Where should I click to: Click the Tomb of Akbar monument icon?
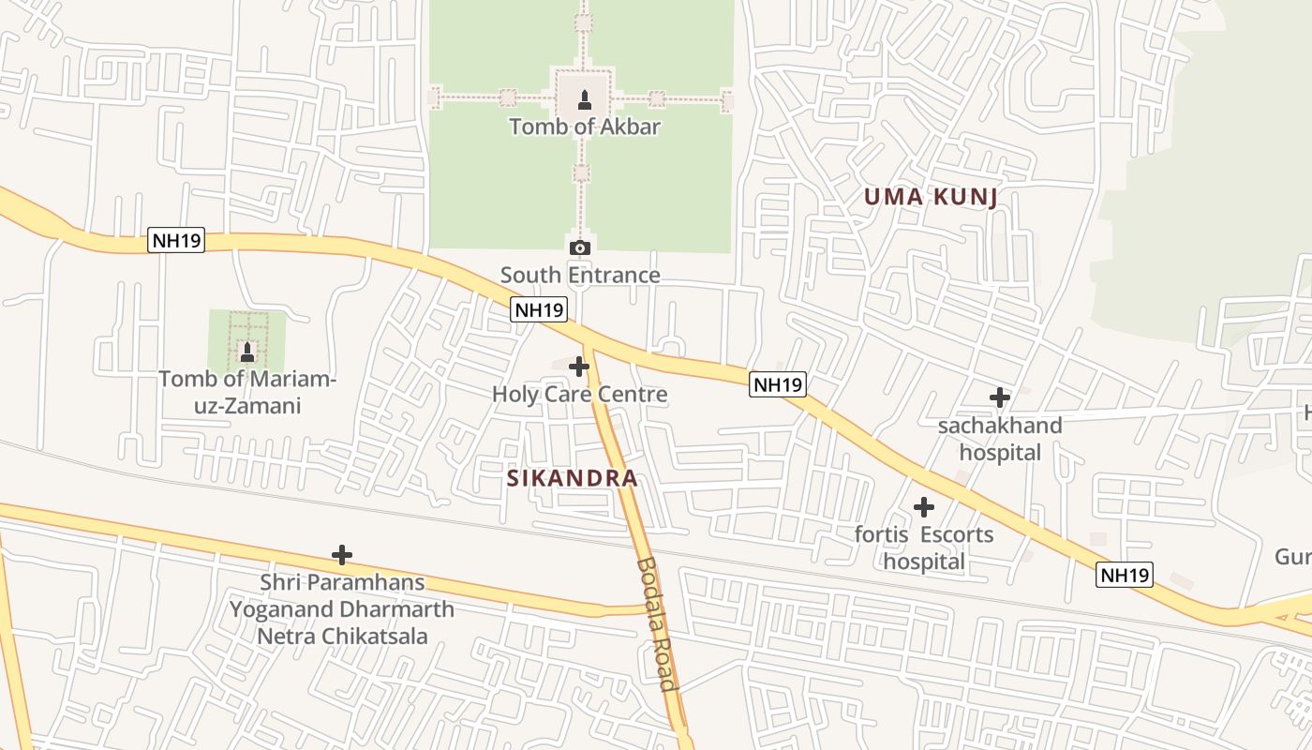point(585,99)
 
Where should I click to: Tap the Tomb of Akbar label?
point(585,126)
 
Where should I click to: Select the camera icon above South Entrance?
point(580,247)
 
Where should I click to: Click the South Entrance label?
point(580,275)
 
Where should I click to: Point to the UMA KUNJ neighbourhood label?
point(930,197)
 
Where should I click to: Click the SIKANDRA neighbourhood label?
point(573,478)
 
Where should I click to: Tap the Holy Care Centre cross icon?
point(579,366)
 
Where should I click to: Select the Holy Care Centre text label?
point(579,394)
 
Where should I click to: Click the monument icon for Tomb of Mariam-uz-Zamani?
point(247,352)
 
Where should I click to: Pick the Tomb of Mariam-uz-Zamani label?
point(247,393)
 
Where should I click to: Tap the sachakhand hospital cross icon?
point(1000,397)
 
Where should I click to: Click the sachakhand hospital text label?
point(1000,439)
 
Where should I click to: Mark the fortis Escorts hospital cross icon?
point(924,507)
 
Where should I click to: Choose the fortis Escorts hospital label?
point(924,548)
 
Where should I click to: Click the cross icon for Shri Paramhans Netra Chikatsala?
point(342,555)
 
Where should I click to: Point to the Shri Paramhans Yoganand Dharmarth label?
point(342,609)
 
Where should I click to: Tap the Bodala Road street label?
point(655,623)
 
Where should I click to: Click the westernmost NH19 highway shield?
point(175,241)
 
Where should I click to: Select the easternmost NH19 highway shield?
point(1124,575)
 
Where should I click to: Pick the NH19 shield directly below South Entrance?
point(540,309)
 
